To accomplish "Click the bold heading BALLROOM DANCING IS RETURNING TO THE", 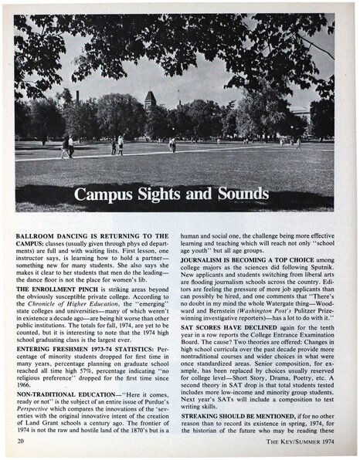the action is coord(91,235).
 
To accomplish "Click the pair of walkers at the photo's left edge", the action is coord(67,145).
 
